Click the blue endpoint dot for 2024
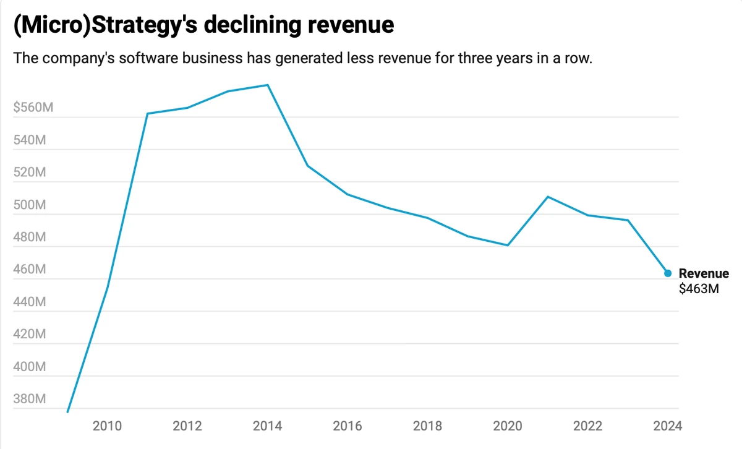(x=668, y=273)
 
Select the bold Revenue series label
(x=704, y=273)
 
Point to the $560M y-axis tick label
(x=33, y=108)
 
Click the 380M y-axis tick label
(x=30, y=399)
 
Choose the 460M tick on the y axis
(x=30, y=270)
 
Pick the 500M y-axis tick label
(x=30, y=205)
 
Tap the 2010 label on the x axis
(x=108, y=426)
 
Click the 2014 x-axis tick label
(x=268, y=426)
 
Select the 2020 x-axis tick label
(x=508, y=426)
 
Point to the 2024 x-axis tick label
(x=668, y=426)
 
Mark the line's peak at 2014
(x=268, y=85)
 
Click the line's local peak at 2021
(x=548, y=197)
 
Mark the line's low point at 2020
(x=508, y=246)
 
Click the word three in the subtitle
(x=437, y=59)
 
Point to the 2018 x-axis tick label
(x=428, y=426)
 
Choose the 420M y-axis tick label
(x=30, y=335)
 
